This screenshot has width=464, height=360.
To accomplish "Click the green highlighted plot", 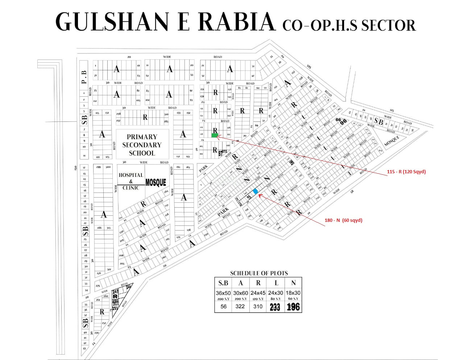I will tap(215, 135).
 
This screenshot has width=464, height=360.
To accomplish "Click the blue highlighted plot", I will tap(256, 191).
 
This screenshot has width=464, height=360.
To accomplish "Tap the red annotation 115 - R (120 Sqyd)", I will tap(406, 171).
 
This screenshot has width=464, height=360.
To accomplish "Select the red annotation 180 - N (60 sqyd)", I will tap(343, 220).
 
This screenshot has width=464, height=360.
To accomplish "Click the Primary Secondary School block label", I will tap(142, 145).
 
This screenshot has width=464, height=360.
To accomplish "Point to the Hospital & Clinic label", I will tap(131, 181).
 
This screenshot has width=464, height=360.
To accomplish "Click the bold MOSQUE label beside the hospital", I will tap(156, 182).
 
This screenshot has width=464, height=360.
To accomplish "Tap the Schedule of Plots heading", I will tap(259, 273).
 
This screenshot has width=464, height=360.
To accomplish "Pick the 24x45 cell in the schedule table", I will tap(258, 293).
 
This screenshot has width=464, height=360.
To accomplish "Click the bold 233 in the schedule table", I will tap(275, 307).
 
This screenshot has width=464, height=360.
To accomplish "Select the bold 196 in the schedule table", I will tap(293, 307).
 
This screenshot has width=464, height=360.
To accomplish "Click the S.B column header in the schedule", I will tap(223, 283).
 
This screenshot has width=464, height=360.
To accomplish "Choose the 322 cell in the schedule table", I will tap(240, 306).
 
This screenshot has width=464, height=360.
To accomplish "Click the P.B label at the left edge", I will tap(84, 77).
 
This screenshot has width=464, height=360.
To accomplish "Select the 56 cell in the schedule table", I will tap(223, 306).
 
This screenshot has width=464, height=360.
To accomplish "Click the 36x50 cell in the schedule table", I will tap(223, 293).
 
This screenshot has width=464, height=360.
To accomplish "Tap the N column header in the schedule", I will tap(293, 283).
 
